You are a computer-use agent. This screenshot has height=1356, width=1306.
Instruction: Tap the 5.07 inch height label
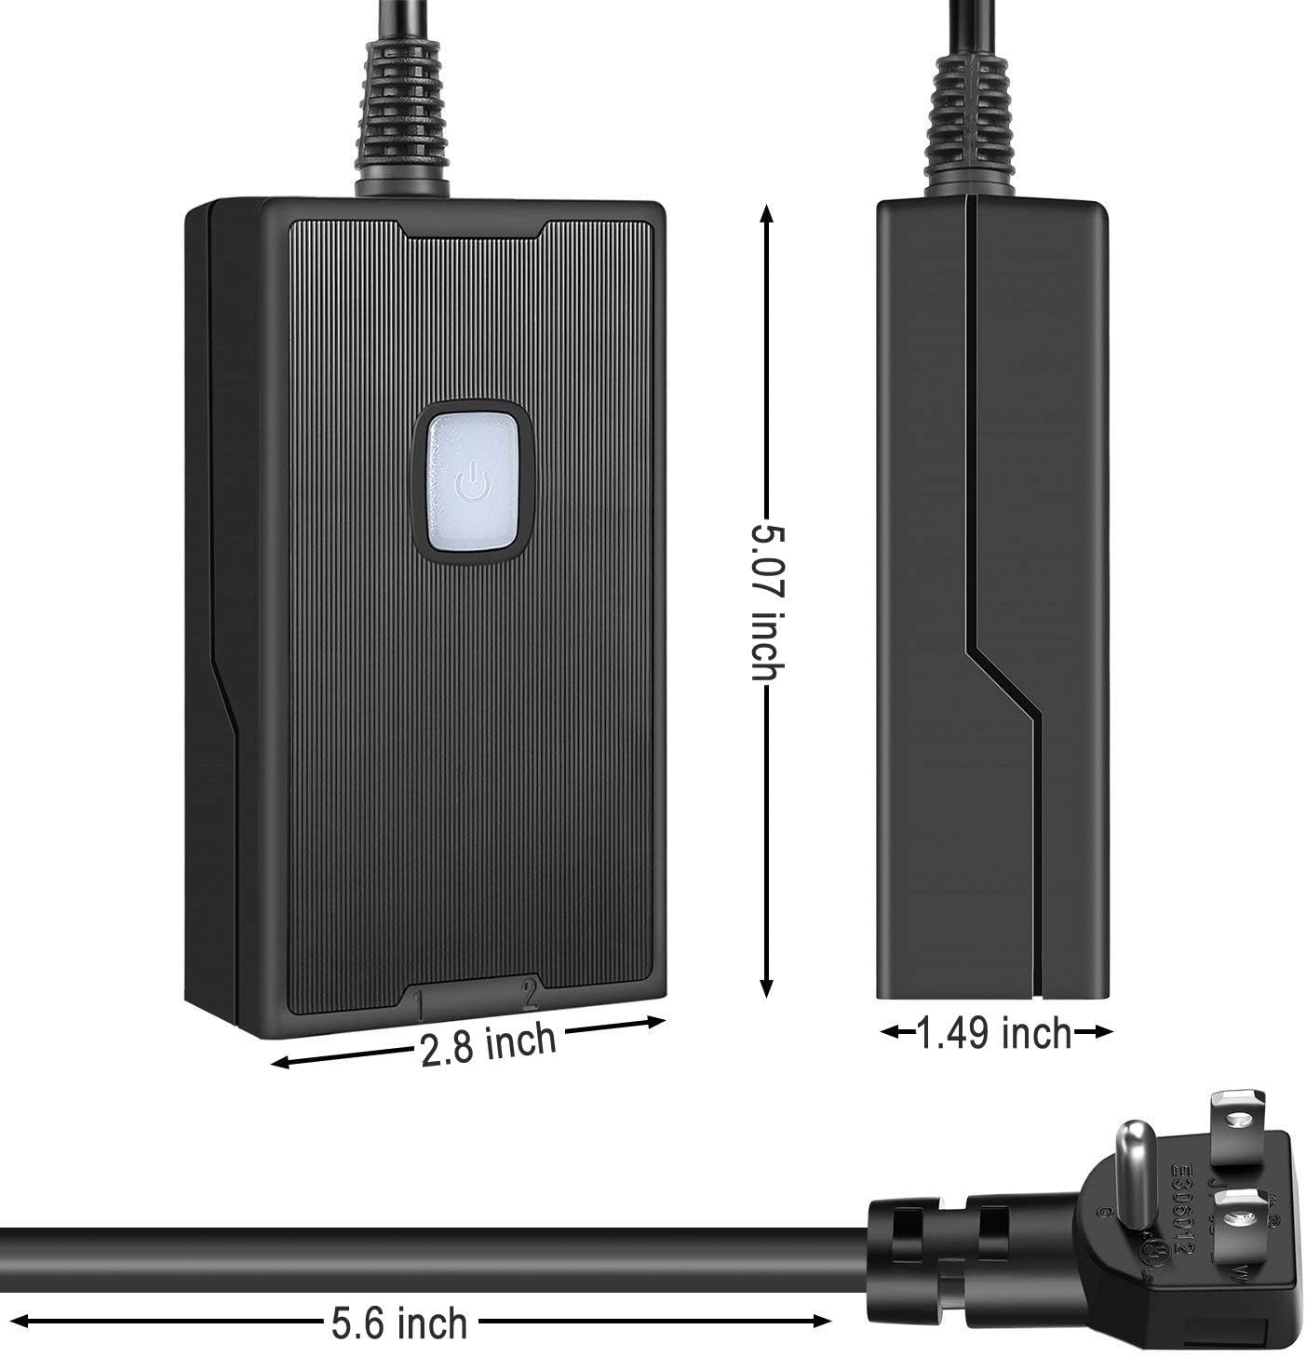768,602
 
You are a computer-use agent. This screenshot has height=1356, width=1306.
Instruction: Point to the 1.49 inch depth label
995,1032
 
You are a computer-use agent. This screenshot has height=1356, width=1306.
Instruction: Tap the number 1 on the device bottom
421,1003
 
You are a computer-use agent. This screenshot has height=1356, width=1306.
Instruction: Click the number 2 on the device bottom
531,993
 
